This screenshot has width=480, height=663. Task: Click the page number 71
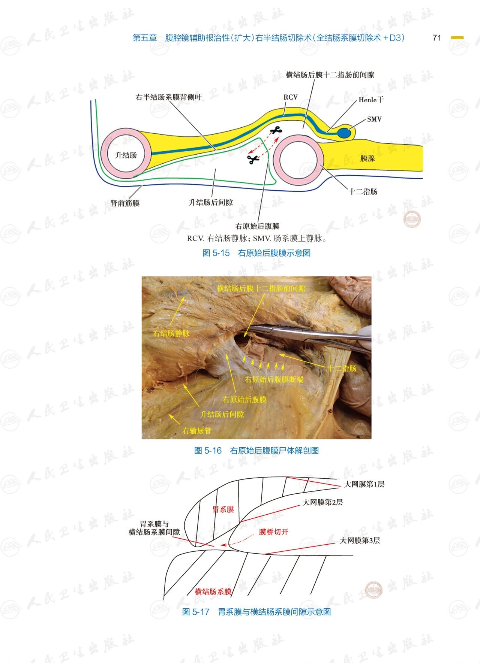click(436, 38)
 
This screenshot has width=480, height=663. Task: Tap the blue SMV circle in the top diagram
click(344, 133)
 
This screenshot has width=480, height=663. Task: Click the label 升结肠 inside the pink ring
click(126, 155)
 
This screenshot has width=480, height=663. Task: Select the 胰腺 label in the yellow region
click(367, 158)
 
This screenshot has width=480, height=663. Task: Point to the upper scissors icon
click(276, 131)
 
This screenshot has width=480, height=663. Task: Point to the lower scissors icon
click(253, 160)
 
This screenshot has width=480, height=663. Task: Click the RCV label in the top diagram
click(290, 97)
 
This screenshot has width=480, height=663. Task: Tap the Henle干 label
click(371, 100)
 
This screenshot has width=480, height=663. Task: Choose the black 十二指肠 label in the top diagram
click(363, 192)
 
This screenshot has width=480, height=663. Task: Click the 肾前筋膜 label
click(125, 203)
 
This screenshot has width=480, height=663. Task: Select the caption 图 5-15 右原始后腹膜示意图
click(256, 253)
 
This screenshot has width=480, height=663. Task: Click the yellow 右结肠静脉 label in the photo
click(171, 333)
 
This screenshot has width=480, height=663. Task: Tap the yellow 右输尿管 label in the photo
click(197, 431)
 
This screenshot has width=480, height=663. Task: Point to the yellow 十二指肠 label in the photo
click(342, 369)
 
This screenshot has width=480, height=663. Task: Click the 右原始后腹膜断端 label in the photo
click(274, 379)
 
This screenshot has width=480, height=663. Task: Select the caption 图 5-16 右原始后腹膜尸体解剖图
click(256, 451)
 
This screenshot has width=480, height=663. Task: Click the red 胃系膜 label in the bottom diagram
click(223, 509)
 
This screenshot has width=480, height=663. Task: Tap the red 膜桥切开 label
click(273, 532)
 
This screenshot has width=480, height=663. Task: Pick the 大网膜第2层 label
click(322, 502)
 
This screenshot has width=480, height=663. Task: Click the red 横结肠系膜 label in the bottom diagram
click(213, 592)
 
